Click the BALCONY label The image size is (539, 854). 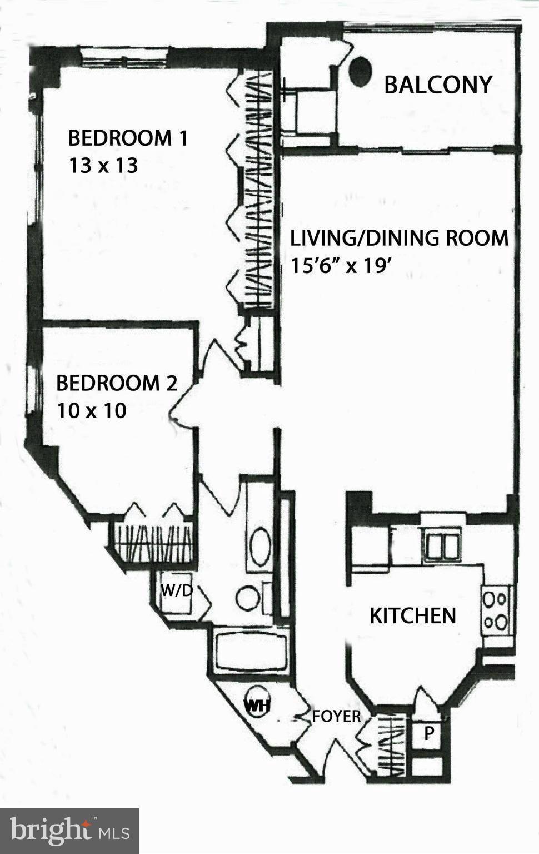pos(438,85)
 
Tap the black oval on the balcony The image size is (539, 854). pos(361,72)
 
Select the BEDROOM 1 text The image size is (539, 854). pos(128,138)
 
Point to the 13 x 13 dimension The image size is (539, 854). pos(103,166)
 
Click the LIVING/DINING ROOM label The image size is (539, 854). pos(400,238)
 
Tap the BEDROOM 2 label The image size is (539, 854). pos(117,383)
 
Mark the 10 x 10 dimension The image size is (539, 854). pos(91,411)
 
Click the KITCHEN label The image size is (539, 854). pos(413,615)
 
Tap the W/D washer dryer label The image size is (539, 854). pos(176,590)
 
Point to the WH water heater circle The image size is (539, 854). pos(257,706)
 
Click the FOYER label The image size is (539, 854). pos(336,716)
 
